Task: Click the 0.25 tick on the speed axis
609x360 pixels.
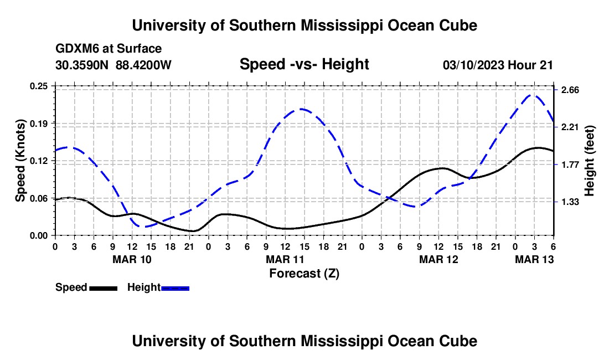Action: coord(40,86)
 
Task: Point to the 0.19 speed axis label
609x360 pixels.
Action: coord(40,123)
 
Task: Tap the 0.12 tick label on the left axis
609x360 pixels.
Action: coord(40,161)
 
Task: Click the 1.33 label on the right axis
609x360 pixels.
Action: coord(570,202)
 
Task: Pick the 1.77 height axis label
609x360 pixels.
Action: coord(570,164)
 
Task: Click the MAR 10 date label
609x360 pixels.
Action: coord(132,259)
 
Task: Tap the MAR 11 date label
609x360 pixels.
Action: coord(285,259)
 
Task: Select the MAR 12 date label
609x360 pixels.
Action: coord(438,259)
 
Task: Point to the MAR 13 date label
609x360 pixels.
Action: coord(534,259)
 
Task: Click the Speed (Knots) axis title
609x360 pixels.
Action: coord(21,161)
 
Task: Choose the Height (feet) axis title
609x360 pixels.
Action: coord(590,161)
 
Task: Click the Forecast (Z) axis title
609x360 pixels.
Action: coord(304,273)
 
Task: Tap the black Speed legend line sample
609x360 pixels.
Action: coord(104,288)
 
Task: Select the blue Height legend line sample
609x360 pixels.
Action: coord(176,288)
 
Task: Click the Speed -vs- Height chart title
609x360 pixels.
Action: coord(304,65)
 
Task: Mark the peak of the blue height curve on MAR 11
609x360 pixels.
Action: coord(301,109)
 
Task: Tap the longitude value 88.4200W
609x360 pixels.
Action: coord(144,65)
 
